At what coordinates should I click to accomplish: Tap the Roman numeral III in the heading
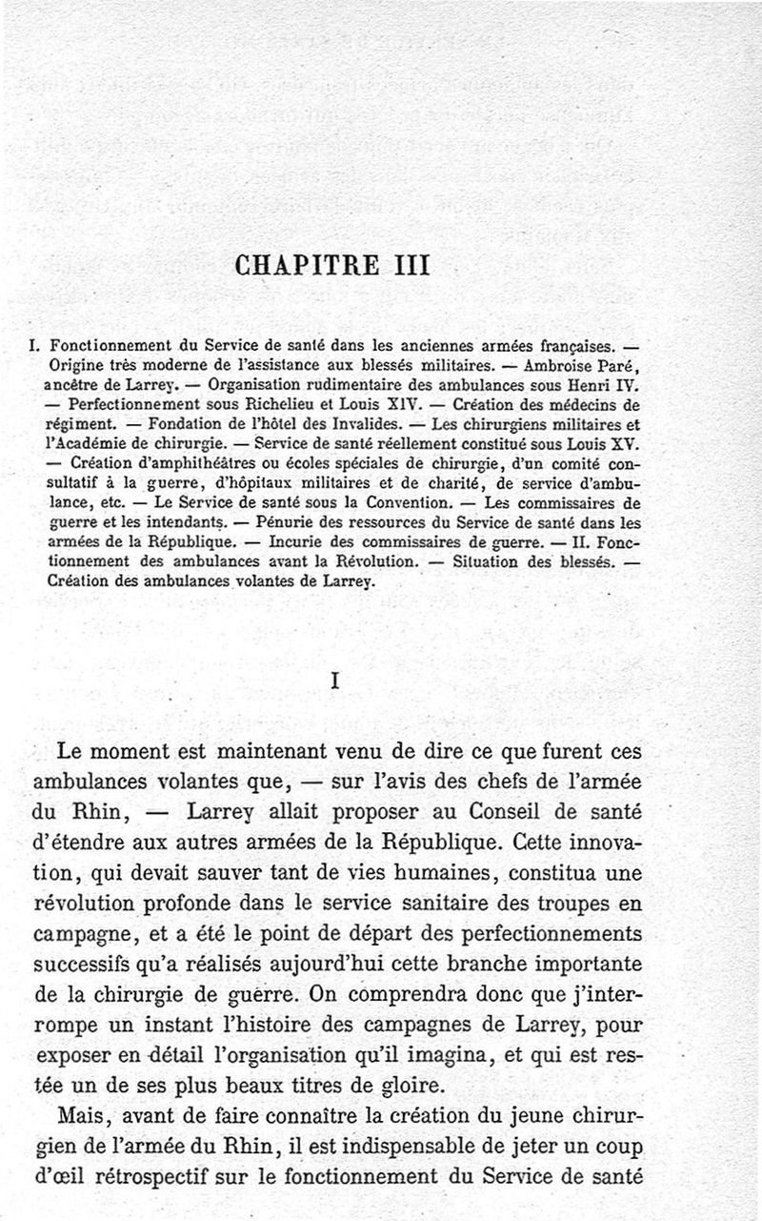pos(409,263)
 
